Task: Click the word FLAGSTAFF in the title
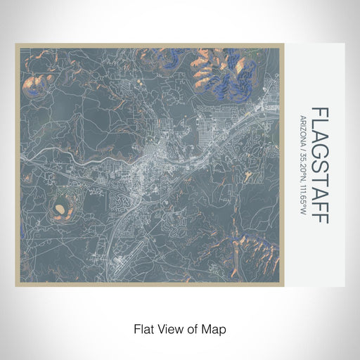click(319, 165)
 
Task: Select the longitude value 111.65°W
click(302, 198)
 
